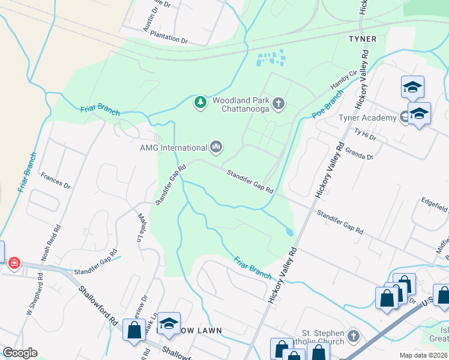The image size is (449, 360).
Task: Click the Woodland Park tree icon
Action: (x=200, y=103)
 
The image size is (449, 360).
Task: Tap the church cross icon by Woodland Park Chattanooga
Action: (x=278, y=104)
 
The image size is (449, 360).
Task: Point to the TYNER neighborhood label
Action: (x=363, y=39)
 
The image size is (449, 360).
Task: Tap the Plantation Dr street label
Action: (x=169, y=37)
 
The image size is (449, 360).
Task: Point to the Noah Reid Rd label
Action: (x=50, y=243)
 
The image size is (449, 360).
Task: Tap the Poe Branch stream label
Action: (x=327, y=104)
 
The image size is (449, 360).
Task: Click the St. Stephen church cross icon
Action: (x=354, y=335)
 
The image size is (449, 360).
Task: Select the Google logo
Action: (x=20, y=353)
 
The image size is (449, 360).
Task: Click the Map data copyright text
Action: (x=424, y=355)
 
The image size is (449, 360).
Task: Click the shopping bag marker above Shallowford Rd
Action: (x=133, y=331)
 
